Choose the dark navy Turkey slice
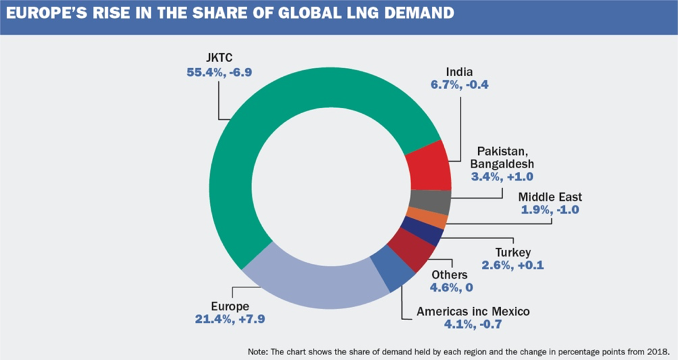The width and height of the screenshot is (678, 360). coord(421,233)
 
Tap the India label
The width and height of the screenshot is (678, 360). coord(458,71)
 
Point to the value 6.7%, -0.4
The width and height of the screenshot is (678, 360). coord(458,85)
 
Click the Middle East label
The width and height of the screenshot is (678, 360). coord(550,197)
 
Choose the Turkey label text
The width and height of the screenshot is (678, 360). coord(513,252)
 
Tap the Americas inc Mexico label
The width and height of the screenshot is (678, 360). coord(473,312)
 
